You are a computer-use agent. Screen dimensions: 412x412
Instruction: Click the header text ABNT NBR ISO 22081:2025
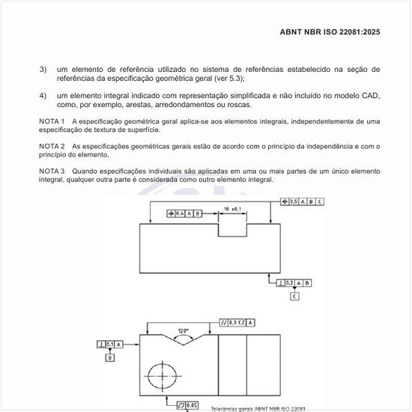330,32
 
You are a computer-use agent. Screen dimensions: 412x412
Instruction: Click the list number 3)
43,70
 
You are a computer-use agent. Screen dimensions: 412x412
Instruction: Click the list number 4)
43,95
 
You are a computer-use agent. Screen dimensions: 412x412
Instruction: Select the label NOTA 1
52,121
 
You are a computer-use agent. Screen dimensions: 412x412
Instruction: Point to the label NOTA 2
52,146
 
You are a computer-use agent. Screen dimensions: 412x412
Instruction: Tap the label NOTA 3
52,172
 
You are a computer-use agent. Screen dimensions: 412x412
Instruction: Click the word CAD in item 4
371,95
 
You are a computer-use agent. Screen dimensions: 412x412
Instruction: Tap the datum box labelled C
294,297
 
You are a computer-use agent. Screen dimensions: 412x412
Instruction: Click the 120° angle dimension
183,330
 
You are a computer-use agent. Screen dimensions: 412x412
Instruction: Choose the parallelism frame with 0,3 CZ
238,322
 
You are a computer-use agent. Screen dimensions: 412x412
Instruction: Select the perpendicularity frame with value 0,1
110,344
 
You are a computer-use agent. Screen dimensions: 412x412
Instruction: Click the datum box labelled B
110,358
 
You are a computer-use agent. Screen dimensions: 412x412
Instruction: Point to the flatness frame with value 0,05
187,405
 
